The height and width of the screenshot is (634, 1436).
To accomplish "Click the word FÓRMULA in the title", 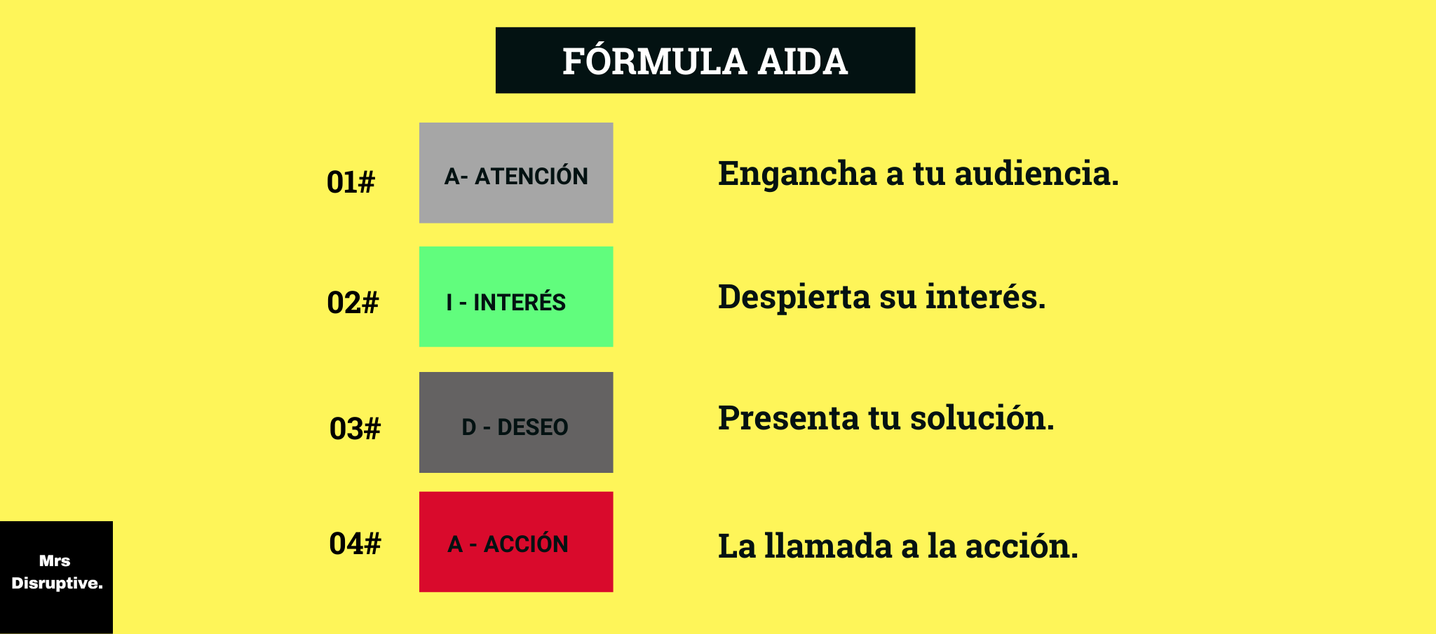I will tap(654, 62).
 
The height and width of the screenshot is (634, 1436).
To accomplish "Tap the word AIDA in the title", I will tap(803, 62).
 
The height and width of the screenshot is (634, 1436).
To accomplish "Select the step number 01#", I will tap(351, 182).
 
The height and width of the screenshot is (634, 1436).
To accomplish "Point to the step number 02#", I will tap(353, 303).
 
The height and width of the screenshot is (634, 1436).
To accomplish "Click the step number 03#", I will tap(355, 429).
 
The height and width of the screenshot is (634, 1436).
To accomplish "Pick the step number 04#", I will tap(355, 544).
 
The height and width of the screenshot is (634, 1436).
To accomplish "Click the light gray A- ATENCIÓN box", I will tap(516, 173).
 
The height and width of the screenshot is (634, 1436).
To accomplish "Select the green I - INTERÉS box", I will tap(516, 296).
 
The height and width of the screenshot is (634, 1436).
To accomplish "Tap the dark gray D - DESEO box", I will tap(516, 422).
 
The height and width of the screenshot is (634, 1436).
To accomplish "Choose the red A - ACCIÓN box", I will tap(516, 542).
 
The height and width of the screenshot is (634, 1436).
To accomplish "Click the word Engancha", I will tap(797, 174).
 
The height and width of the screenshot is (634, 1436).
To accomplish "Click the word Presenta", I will tap(788, 418).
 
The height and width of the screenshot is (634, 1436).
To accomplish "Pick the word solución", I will tap(982, 418).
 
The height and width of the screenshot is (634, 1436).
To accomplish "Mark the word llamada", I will tap(828, 546).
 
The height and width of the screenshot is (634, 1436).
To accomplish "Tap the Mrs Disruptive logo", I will tap(56, 577).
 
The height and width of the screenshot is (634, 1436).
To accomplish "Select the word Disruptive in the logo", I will tap(57, 584).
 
